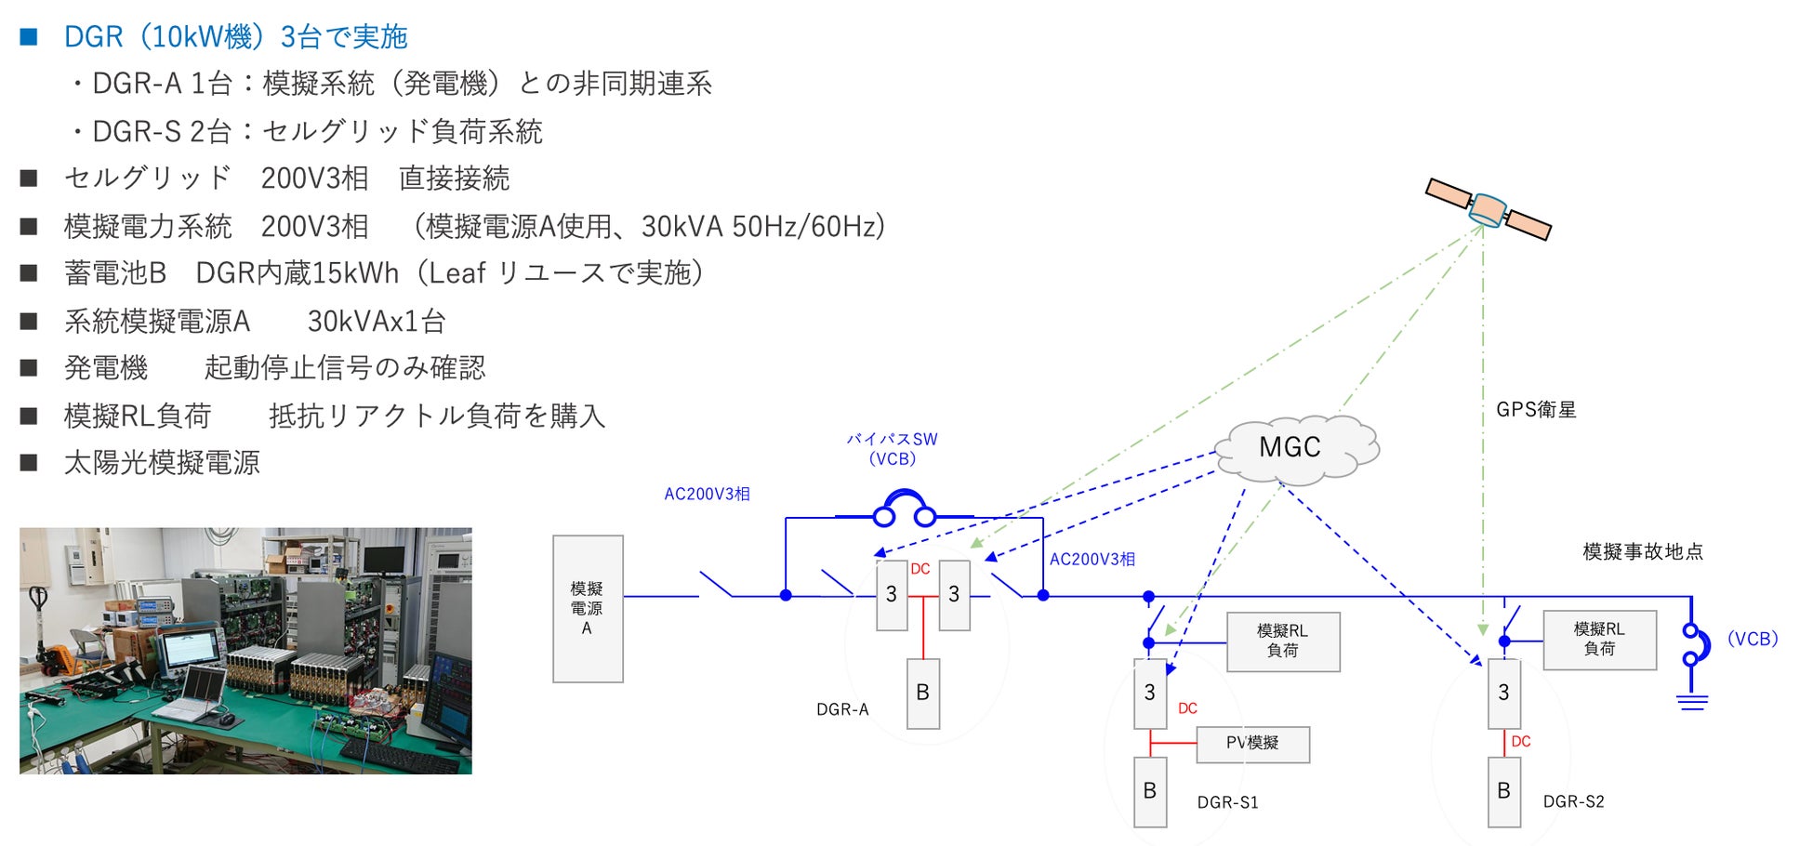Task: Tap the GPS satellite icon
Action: (x=1488, y=209)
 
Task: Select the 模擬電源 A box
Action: (x=588, y=608)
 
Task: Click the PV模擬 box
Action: (x=1252, y=744)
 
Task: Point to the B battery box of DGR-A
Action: (x=922, y=693)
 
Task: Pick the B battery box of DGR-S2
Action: (x=1503, y=791)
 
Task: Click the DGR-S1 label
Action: (x=1227, y=802)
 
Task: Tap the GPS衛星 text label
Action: (x=1536, y=410)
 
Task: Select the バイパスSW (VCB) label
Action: (x=892, y=449)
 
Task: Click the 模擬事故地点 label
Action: (x=1643, y=551)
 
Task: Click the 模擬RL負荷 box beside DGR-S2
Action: (x=1599, y=640)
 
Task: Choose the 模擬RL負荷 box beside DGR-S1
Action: (x=1283, y=641)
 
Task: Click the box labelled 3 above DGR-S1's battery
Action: (x=1150, y=694)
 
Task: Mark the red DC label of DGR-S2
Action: (x=1521, y=741)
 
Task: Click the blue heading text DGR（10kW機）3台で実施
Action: (x=235, y=37)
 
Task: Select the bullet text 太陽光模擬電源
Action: (x=162, y=463)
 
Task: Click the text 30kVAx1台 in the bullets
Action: (x=377, y=322)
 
